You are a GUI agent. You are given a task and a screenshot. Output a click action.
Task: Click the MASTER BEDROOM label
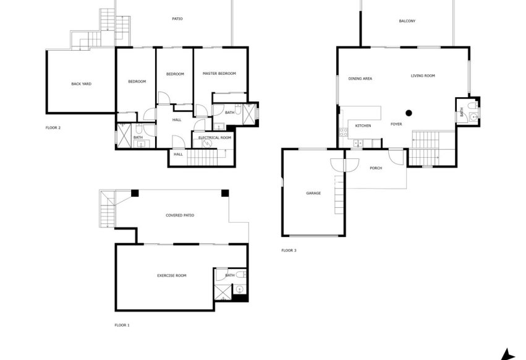(x=219, y=74)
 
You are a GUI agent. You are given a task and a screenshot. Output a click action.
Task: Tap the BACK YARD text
(x=81, y=84)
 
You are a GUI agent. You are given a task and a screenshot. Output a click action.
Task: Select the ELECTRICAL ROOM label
(x=214, y=137)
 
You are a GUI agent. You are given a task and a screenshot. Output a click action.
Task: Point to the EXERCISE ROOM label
(x=171, y=275)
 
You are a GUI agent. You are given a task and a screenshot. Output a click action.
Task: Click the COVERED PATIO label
(x=180, y=215)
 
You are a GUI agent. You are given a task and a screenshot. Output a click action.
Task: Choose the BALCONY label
(x=407, y=21)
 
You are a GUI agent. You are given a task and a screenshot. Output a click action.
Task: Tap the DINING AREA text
(x=360, y=79)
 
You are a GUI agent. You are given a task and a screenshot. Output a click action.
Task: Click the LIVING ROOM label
(x=423, y=75)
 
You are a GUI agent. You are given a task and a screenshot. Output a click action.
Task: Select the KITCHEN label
(x=363, y=126)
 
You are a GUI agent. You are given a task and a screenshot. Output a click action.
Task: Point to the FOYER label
(x=396, y=124)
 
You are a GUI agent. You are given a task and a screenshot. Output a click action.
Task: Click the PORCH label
(x=376, y=168)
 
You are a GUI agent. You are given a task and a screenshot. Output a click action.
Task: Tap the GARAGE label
(x=313, y=193)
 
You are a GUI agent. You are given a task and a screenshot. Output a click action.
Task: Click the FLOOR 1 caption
(x=122, y=325)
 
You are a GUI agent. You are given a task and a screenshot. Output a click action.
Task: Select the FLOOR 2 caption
(x=53, y=127)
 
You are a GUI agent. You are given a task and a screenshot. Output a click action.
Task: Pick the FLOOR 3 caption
(x=289, y=251)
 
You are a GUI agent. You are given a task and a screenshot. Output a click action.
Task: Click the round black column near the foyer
(x=409, y=113)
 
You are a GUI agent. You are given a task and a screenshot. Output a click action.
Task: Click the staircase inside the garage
(x=339, y=194)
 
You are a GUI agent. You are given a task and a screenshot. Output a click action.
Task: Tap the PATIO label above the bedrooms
(x=177, y=19)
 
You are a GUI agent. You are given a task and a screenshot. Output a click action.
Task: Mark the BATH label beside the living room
(x=461, y=113)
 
